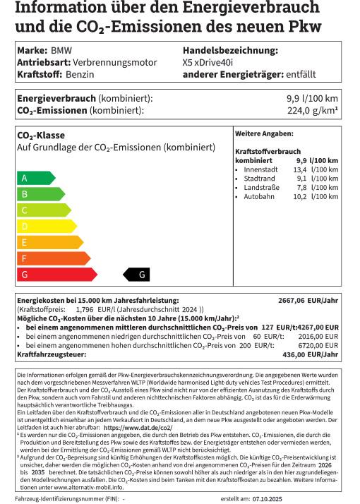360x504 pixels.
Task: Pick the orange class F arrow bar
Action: click(x=52, y=258)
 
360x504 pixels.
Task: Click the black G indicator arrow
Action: click(x=137, y=275)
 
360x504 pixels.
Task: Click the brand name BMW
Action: click(x=61, y=52)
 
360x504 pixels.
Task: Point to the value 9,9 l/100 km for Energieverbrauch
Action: click(x=312, y=99)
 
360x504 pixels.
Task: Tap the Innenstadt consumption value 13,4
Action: click(x=299, y=170)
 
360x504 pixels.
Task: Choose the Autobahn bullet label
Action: click(x=259, y=196)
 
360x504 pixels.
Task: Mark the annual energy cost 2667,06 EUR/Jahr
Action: click(x=308, y=300)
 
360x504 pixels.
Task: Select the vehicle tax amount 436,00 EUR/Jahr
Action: click(x=313, y=354)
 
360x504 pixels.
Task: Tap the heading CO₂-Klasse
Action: click(x=41, y=135)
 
